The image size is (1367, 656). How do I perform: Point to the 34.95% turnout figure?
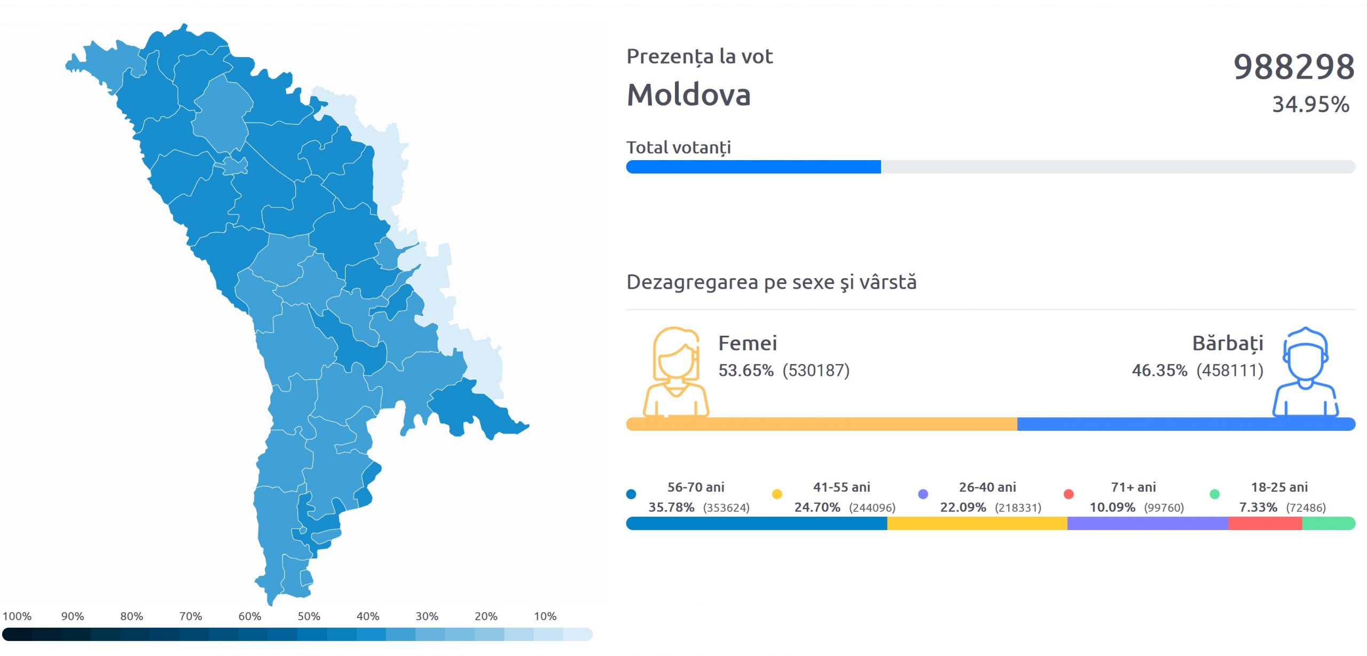coord(1310,105)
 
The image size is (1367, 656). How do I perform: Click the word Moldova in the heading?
coord(688,95)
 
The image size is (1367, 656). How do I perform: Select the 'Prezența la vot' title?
coord(699,57)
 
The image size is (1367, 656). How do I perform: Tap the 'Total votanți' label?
coord(678,147)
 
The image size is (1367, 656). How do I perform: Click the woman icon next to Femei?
coord(675,372)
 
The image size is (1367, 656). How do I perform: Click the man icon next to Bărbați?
coord(1305,372)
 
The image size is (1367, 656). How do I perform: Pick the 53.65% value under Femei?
coord(745,370)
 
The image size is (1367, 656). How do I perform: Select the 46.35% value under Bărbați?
coord(1159,370)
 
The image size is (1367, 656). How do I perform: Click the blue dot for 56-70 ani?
coord(631,494)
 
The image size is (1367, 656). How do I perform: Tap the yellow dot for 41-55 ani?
coord(777,494)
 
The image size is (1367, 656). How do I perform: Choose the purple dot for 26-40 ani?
coord(923,494)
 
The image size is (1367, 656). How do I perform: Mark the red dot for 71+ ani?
coord(1069,494)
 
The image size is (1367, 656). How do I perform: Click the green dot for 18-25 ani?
coord(1214,494)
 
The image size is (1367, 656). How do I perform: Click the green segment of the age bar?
coord(1328,524)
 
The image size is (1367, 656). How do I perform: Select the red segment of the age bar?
coord(1265,524)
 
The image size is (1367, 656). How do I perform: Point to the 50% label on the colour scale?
coord(309,617)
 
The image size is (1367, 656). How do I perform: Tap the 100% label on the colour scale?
coord(17,617)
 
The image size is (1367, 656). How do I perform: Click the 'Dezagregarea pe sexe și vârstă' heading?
coord(771,282)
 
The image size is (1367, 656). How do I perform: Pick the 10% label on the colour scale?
coord(545,617)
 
